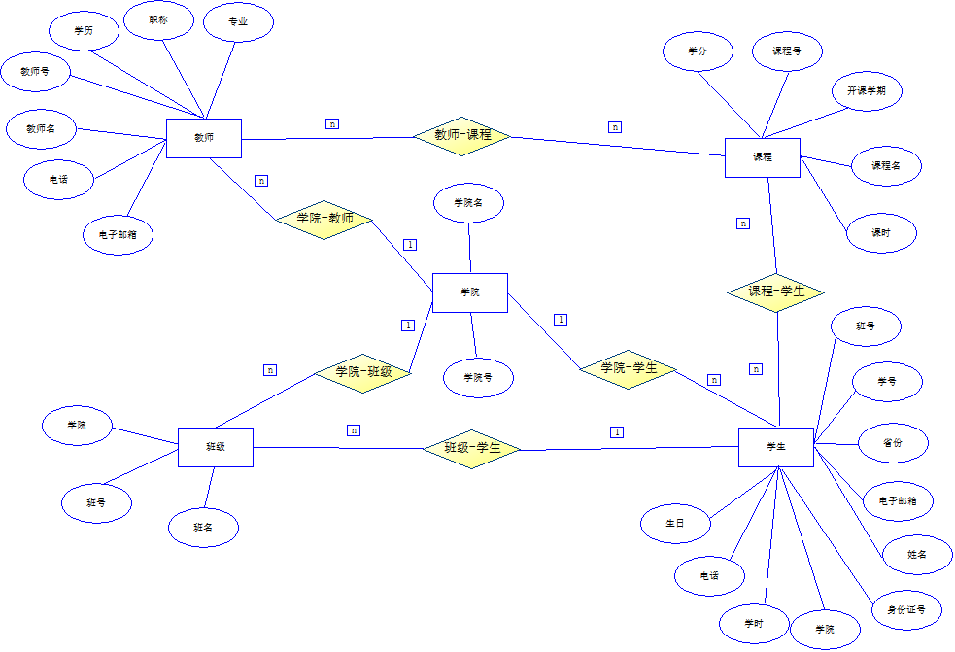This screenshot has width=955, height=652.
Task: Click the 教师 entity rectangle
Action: pos(204,138)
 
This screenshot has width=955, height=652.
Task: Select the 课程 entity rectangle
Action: pos(763,157)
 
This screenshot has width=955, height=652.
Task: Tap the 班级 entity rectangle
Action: pos(216,447)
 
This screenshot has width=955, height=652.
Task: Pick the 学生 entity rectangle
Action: pos(775,447)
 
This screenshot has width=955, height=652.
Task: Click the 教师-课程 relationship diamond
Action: pos(462,135)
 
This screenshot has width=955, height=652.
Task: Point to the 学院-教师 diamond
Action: pos(324,219)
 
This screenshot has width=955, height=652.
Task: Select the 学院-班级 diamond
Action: pos(363,372)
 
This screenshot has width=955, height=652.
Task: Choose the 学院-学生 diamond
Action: pos(629,368)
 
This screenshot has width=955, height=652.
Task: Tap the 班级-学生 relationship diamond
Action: pos(472,448)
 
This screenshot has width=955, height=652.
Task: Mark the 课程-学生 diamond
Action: pos(776,292)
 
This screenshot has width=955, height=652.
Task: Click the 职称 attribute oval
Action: pos(159,20)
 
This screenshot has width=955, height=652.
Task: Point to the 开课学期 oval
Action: pos(867,90)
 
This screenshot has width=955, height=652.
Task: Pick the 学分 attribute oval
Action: pos(698,51)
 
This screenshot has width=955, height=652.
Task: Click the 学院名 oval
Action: pos(469,203)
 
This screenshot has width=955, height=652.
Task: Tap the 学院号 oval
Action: pos(478,378)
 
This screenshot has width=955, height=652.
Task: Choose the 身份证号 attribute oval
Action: pos(906,611)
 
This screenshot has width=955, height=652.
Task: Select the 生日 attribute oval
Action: pos(675,523)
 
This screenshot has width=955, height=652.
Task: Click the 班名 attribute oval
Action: pos(203,528)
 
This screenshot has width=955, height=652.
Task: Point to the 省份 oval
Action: pos(893,442)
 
